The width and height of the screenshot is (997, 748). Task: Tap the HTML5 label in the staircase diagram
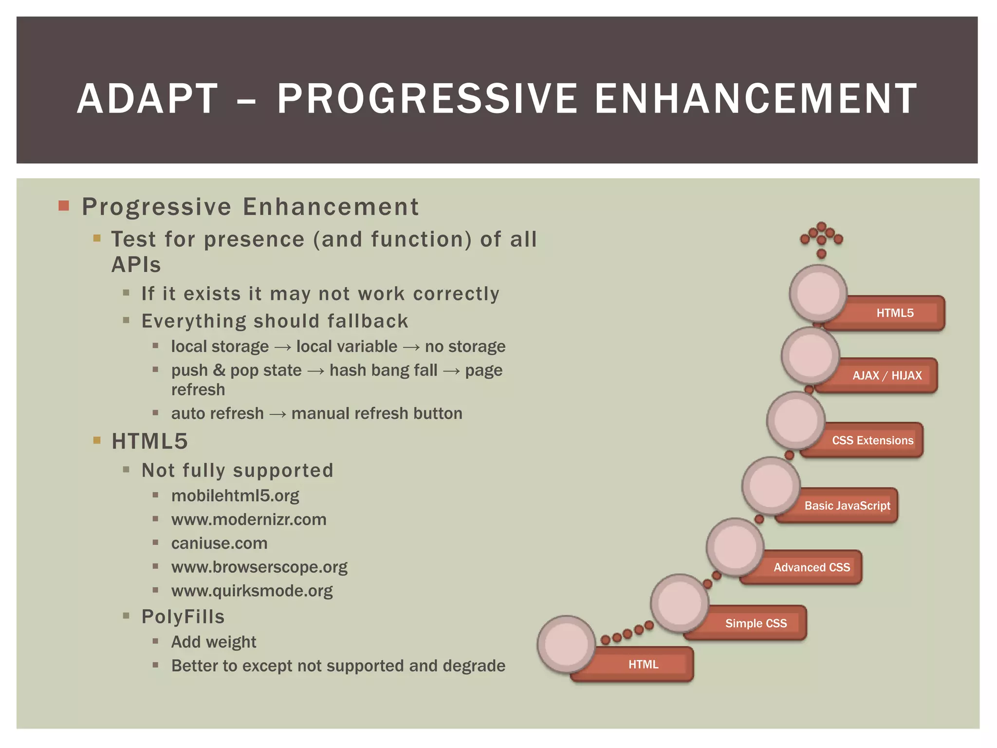pyautogui.click(x=895, y=313)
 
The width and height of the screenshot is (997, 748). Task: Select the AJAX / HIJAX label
pyautogui.click(x=887, y=375)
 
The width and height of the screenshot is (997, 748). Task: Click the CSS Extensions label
pyautogui.click(x=872, y=440)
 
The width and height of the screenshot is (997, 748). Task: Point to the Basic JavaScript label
pyautogui.click(x=847, y=505)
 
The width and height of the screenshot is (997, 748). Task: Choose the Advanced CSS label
pyautogui.click(x=812, y=567)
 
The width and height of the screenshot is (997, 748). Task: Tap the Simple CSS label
pyautogui.click(x=756, y=623)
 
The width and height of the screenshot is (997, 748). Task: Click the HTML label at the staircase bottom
pyautogui.click(x=643, y=664)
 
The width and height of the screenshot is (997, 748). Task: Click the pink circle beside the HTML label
pyautogui.click(x=566, y=644)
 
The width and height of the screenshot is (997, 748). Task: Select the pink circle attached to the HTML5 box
pyautogui.click(x=818, y=294)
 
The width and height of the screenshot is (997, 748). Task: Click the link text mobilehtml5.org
pyautogui.click(x=235, y=496)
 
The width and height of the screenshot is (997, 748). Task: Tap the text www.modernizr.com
pyautogui.click(x=249, y=520)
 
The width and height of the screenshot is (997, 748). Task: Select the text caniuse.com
pyautogui.click(x=219, y=543)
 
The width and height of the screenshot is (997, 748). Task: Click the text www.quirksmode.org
pyautogui.click(x=252, y=591)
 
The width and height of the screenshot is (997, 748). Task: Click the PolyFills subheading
pyautogui.click(x=183, y=617)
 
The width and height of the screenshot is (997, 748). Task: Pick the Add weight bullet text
pyautogui.click(x=213, y=642)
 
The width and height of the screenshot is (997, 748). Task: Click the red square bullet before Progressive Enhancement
pyautogui.click(x=64, y=206)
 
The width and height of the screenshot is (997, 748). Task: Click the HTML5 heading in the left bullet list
pyautogui.click(x=149, y=441)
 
